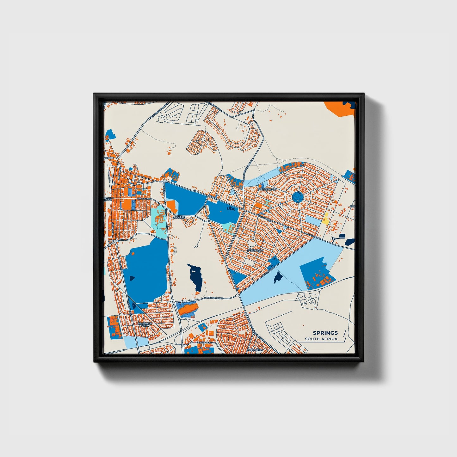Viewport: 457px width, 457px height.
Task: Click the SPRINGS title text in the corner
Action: coord(325,333)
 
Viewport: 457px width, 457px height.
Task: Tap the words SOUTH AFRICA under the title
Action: coord(321,339)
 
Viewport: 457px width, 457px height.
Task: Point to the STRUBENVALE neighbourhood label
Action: coord(267,189)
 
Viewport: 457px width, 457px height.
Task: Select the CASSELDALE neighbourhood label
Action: coord(255,250)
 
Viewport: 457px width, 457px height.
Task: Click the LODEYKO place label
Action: coord(179,218)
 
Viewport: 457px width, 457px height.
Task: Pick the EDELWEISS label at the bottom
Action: coord(255,350)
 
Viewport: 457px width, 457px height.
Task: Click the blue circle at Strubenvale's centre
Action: coord(298,197)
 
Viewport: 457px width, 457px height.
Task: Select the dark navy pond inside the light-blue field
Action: coord(278,277)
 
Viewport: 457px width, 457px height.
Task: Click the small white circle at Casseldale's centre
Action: coord(252,243)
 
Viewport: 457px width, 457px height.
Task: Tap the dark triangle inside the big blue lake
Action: coord(131,278)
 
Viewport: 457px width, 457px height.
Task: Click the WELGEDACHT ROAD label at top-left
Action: coord(157,111)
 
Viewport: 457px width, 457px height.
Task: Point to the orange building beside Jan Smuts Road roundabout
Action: coord(187,308)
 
